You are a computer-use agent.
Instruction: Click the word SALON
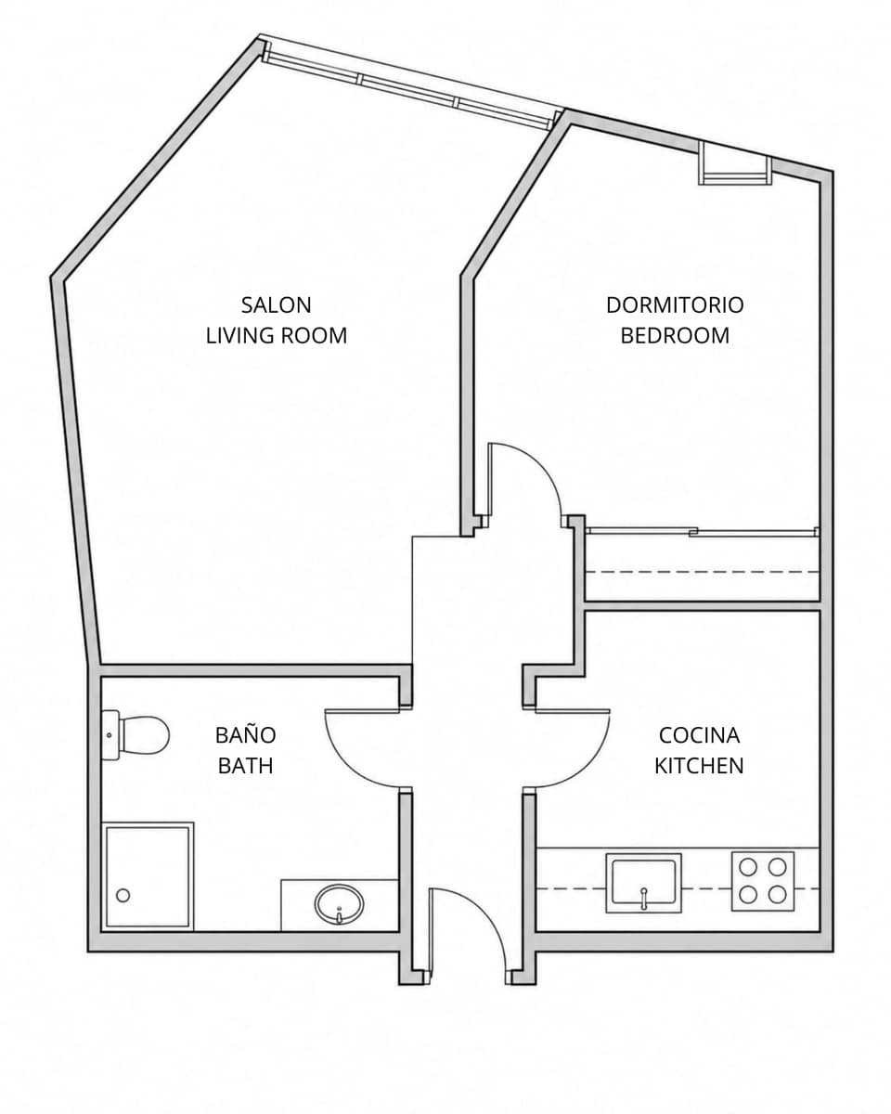(x=276, y=304)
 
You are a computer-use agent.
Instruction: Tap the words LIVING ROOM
(x=277, y=335)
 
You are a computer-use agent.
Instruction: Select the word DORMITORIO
(x=675, y=304)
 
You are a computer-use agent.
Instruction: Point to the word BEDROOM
(x=675, y=335)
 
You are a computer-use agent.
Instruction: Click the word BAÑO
(x=245, y=734)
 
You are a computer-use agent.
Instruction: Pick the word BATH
(x=245, y=766)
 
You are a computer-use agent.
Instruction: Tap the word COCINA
(x=699, y=735)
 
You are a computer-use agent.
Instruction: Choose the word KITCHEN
(x=699, y=766)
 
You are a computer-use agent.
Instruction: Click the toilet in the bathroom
(x=136, y=735)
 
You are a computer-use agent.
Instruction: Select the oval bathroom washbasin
(x=339, y=904)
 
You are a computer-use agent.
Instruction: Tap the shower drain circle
(x=123, y=895)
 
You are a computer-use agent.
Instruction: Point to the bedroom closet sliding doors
(x=703, y=531)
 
